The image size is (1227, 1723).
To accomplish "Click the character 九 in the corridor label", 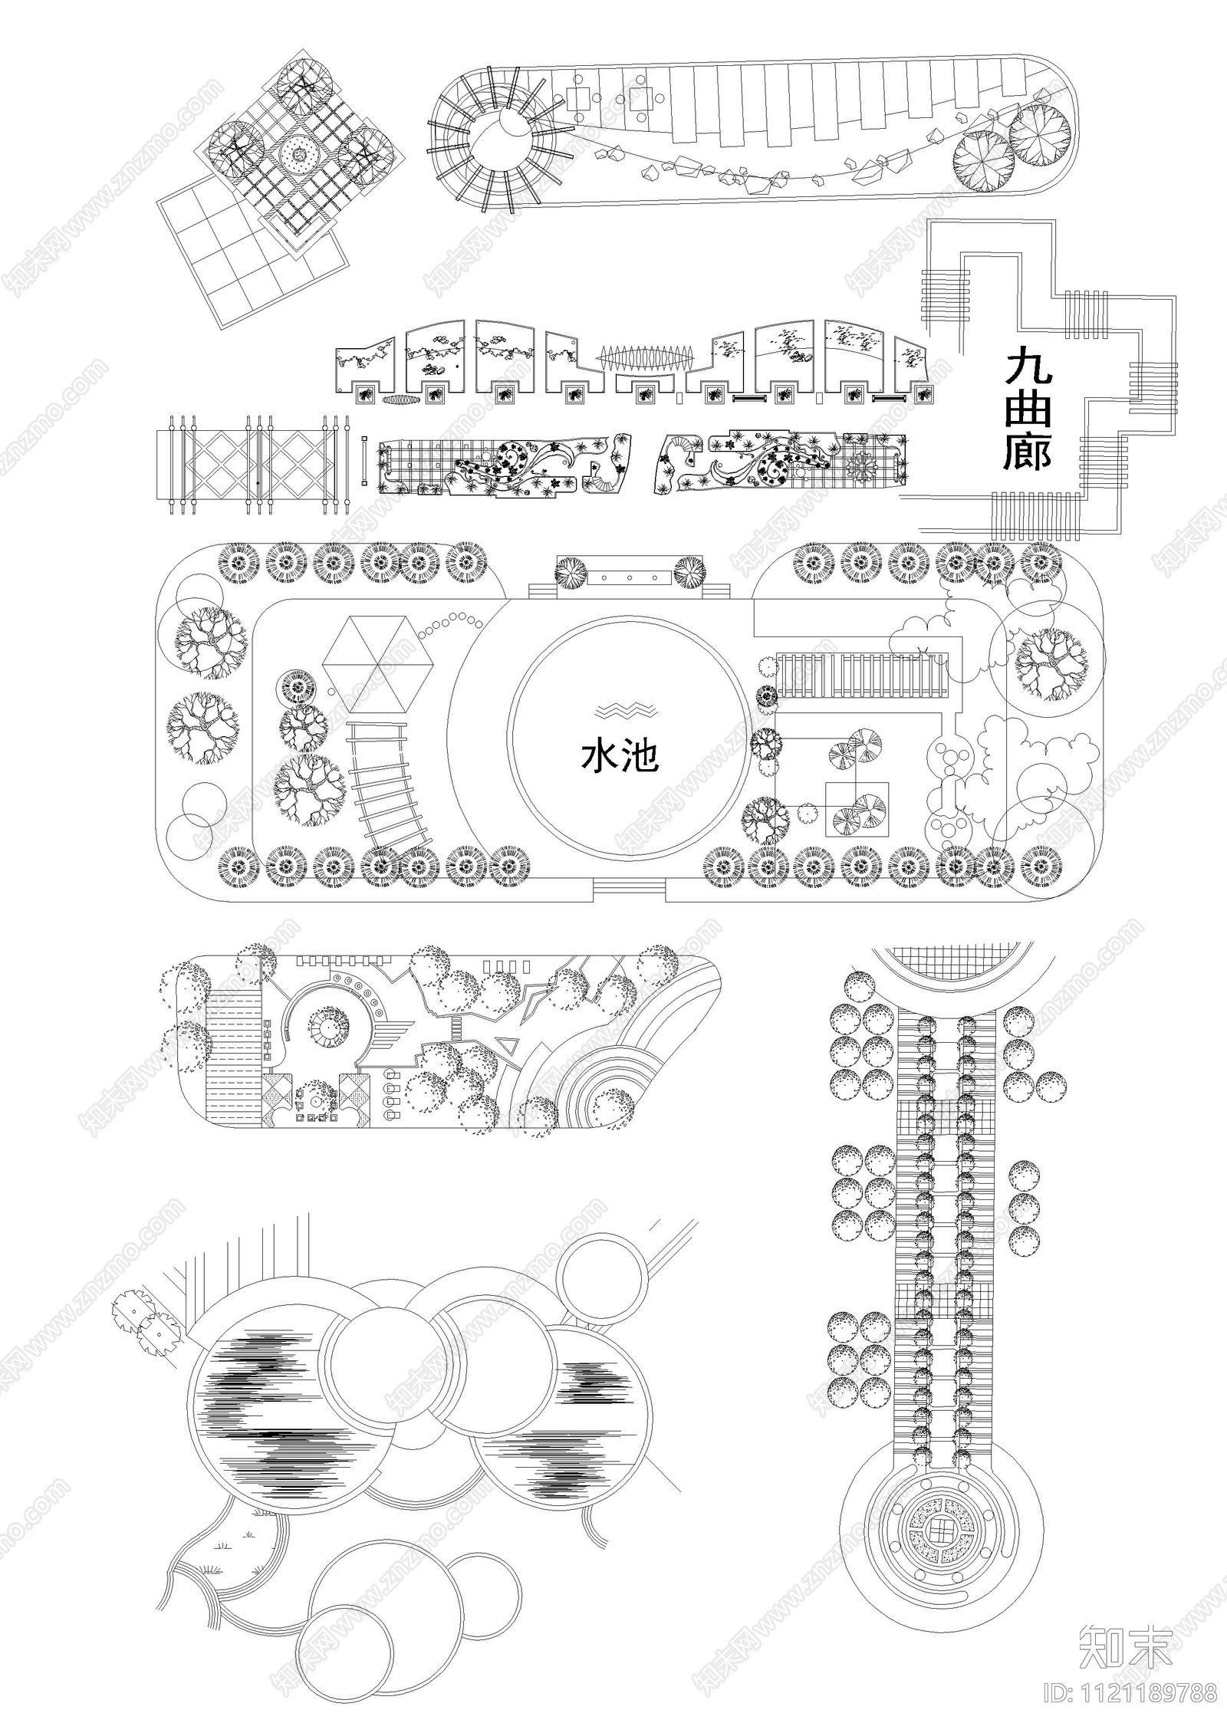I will point(1028,366).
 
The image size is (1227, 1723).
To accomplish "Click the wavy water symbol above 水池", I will point(627,709).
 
